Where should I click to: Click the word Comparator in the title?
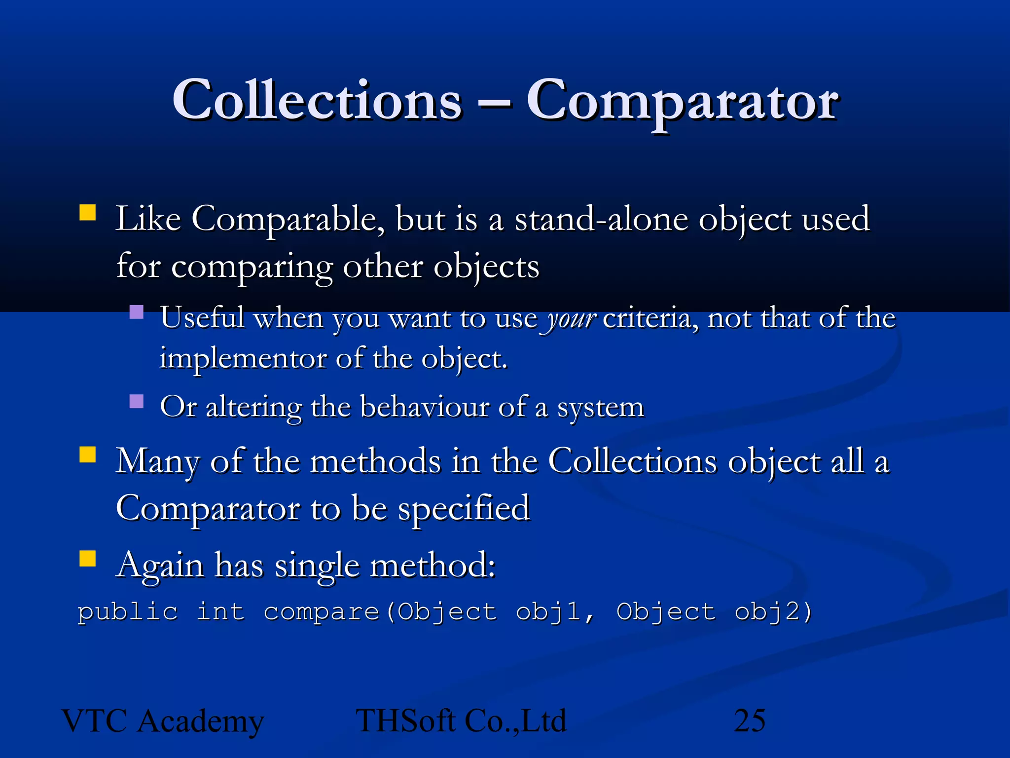(683, 101)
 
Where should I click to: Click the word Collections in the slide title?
(317, 101)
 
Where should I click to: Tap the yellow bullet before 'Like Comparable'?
(87, 213)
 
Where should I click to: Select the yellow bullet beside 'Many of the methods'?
(87, 455)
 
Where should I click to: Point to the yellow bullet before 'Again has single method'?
(87, 559)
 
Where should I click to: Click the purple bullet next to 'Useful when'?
(136, 312)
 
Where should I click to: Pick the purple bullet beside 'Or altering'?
(136, 401)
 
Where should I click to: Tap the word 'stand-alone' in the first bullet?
(601, 219)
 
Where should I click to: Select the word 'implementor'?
(243, 358)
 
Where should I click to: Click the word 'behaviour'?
(424, 408)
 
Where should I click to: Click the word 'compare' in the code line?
(321, 612)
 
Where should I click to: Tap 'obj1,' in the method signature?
(555, 612)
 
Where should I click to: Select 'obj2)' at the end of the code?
(773, 612)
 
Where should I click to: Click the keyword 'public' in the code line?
(128, 612)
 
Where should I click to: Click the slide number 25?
(750, 721)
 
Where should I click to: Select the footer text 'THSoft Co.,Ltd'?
(461, 721)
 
